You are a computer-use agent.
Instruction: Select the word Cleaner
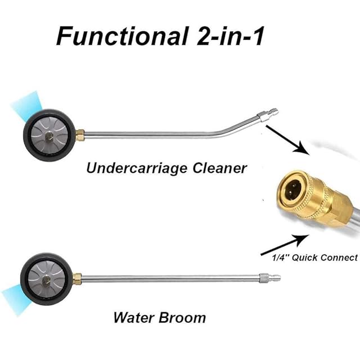tap(220, 168)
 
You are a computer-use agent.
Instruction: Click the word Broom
tap(179, 317)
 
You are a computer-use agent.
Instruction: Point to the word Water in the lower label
tap(133, 317)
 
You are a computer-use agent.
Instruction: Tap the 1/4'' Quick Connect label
tap(309, 258)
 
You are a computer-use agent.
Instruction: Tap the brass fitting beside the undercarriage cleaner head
tap(80, 135)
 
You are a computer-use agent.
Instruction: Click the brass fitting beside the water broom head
tap(78, 278)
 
